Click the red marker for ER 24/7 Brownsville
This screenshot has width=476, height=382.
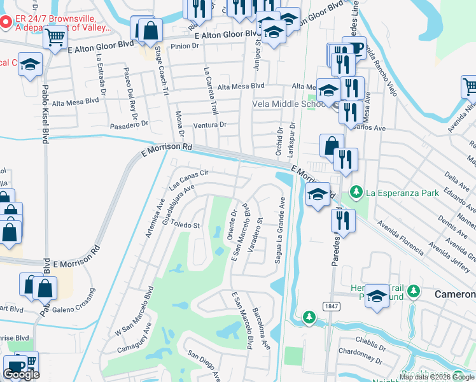(x=5, y=24)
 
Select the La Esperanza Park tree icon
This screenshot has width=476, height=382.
(x=356, y=191)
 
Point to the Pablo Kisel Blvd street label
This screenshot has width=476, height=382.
(x=45, y=115)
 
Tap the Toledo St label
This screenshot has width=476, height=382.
(x=185, y=225)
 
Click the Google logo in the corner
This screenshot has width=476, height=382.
(x=21, y=374)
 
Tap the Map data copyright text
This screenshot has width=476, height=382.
(x=435, y=377)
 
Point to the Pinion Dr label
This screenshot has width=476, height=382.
(x=186, y=46)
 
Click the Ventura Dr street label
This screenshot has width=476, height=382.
(x=210, y=125)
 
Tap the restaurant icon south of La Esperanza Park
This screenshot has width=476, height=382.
(x=342, y=221)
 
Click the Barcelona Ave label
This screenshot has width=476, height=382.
(x=262, y=330)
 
